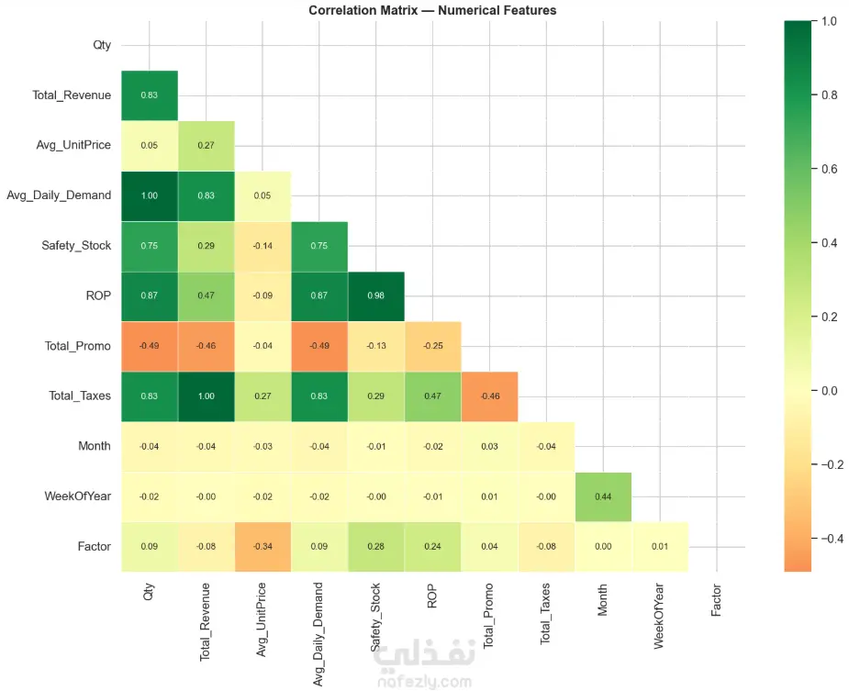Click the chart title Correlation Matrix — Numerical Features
coord(432,10)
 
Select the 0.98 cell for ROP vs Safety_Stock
coord(376,295)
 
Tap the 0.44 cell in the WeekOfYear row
coord(603,496)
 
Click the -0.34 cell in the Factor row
coord(263,547)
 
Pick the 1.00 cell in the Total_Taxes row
coord(206,396)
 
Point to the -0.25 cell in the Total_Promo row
coord(433,346)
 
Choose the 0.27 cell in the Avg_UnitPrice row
coord(206,145)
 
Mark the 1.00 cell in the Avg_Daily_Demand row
coord(149,195)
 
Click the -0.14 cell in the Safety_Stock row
coord(263,245)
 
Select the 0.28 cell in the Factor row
coord(376,547)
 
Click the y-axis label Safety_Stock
coord(76,245)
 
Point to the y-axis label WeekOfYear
coord(78,496)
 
